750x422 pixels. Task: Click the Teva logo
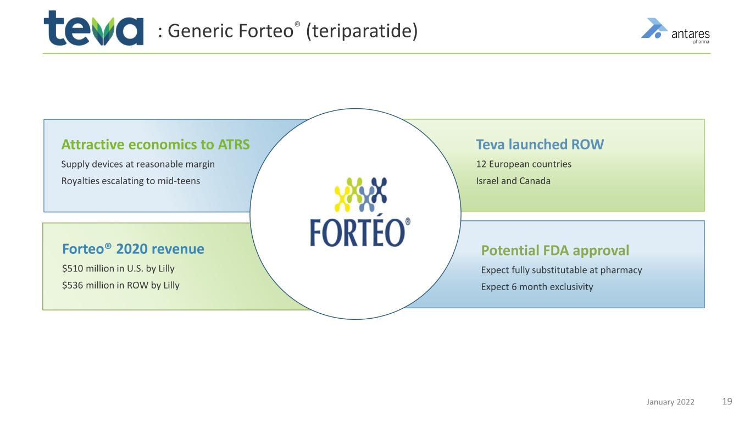(x=93, y=28)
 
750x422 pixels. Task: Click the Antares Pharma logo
(x=675, y=31)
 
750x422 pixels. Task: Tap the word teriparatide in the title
(x=362, y=31)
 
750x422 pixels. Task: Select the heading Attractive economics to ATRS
(x=155, y=145)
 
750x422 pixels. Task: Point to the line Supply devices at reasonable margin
(x=138, y=164)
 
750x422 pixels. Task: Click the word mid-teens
(x=179, y=181)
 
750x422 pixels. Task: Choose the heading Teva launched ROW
(x=540, y=145)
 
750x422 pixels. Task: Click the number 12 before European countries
(x=481, y=164)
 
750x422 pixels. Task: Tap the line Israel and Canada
(x=513, y=181)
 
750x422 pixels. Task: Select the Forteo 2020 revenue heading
(x=133, y=249)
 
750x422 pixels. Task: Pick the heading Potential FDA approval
(x=555, y=250)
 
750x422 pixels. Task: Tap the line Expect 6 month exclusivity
(x=537, y=287)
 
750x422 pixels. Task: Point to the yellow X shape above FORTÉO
(x=342, y=199)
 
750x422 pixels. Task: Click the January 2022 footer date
(x=670, y=402)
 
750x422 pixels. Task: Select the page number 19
(x=727, y=401)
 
